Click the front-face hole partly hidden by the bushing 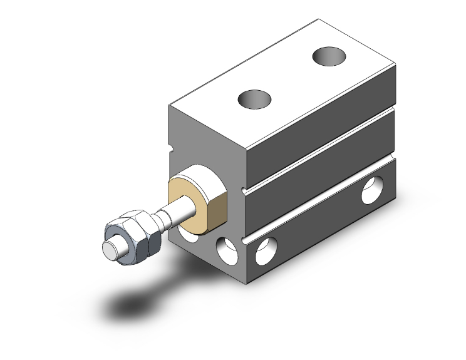pyautogui.click(x=185, y=232)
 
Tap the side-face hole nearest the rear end pyautogui.click(x=373, y=190)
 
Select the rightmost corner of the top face pyautogui.click(x=396, y=67)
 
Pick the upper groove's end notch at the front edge pyautogui.click(x=244, y=187)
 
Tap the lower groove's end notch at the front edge pyautogui.click(x=246, y=240)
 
